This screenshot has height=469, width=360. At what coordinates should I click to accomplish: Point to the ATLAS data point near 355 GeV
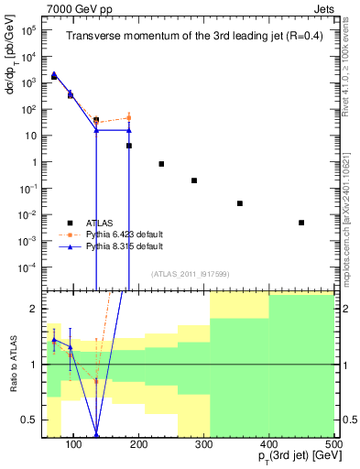[240, 203]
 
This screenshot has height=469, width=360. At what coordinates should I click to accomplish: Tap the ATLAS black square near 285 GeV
[194, 180]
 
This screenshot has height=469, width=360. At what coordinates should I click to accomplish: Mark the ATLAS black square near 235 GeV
[161, 164]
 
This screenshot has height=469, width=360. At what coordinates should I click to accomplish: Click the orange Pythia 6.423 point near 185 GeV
[129, 117]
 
